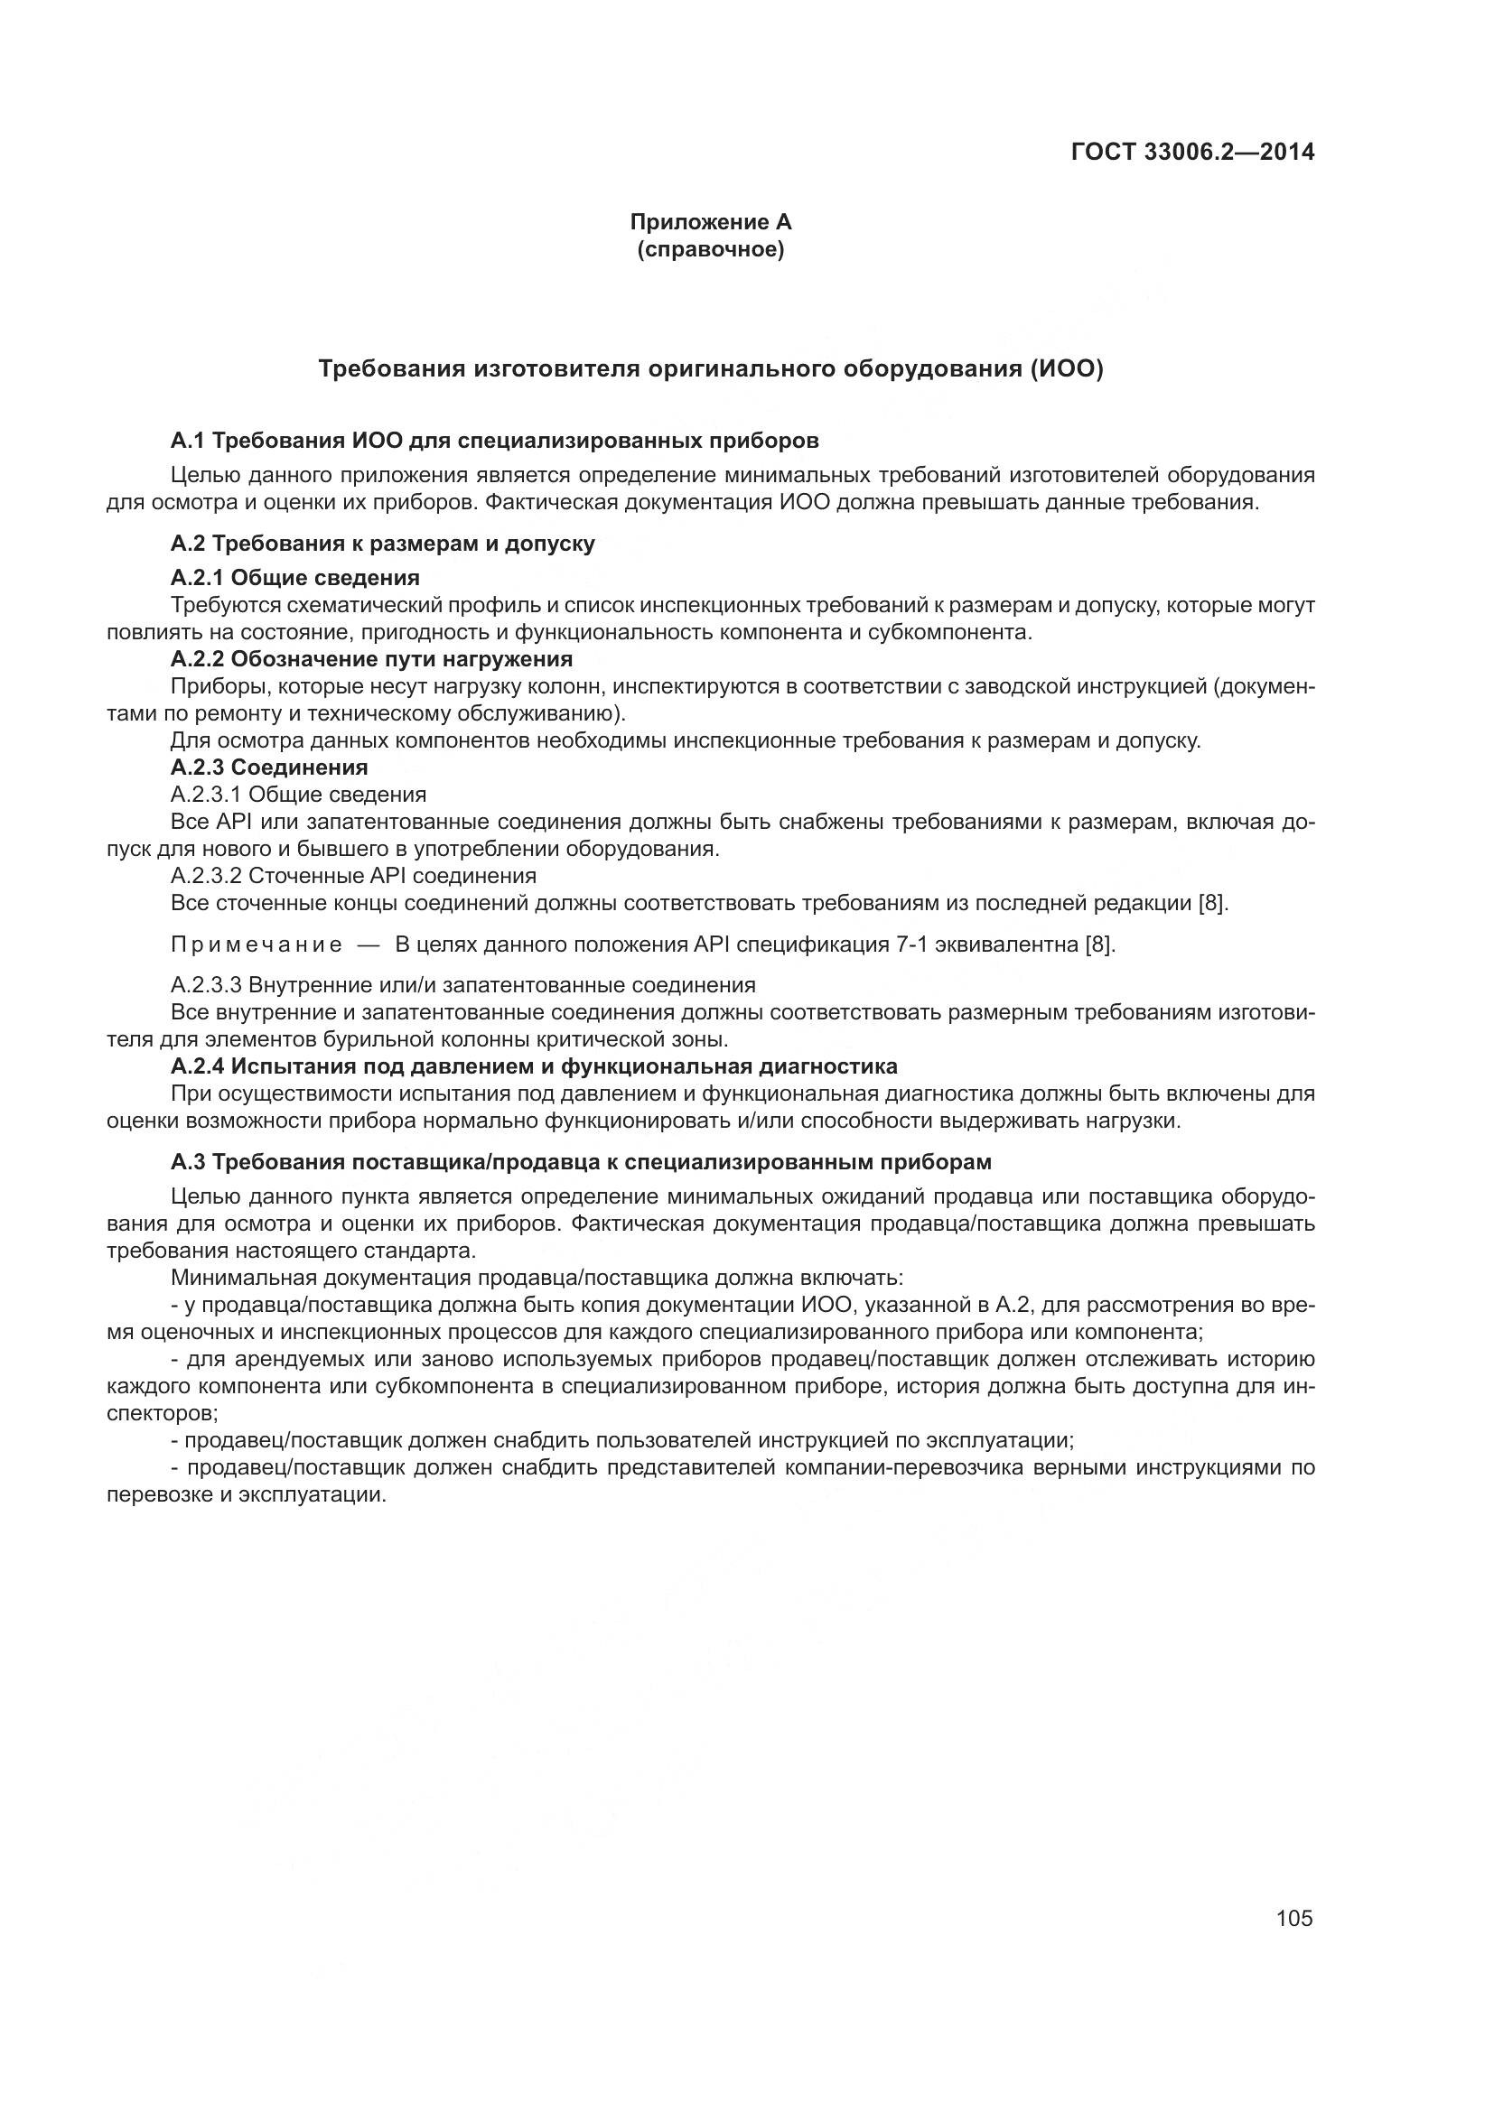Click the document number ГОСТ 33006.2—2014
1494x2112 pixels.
pos(1193,152)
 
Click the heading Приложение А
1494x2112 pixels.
pos(710,222)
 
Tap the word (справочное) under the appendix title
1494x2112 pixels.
pos(710,249)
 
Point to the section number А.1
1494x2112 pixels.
pos(189,441)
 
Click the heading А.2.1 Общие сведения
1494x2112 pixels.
pos(295,578)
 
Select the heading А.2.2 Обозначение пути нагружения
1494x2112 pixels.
pos(371,658)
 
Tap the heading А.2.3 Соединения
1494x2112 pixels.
pos(268,768)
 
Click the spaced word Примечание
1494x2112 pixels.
pos(257,944)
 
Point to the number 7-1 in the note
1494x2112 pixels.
pos(911,944)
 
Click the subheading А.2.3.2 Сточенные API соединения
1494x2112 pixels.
pos(353,876)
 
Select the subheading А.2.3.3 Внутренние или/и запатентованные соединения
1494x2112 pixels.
pos(462,985)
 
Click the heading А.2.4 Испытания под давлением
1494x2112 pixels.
pos(534,1066)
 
